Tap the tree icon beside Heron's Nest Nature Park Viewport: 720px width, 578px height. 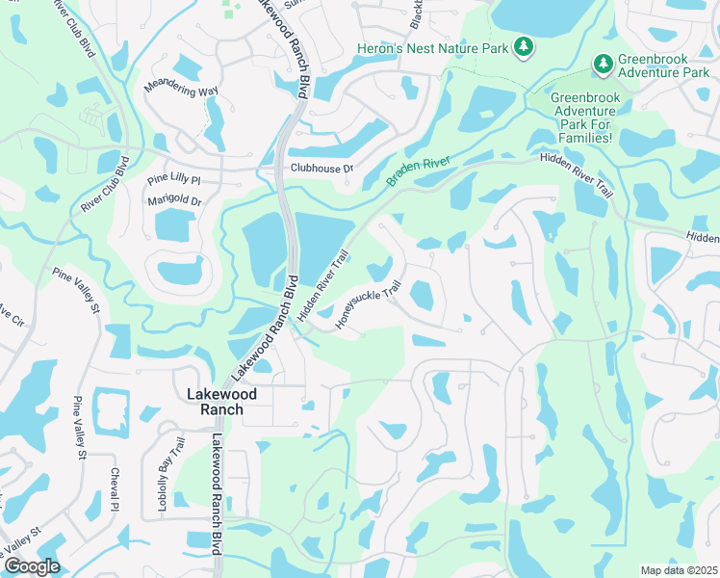(x=524, y=45)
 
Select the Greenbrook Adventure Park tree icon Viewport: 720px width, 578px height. (x=604, y=64)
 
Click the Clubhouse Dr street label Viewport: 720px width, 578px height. (x=321, y=168)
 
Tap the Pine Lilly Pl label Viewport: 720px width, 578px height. (x=173, y=180)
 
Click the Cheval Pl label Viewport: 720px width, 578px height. (x=115, y=488)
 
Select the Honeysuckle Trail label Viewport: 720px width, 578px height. (x=367, y=304)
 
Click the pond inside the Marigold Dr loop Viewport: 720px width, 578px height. (x=173, y=224)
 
